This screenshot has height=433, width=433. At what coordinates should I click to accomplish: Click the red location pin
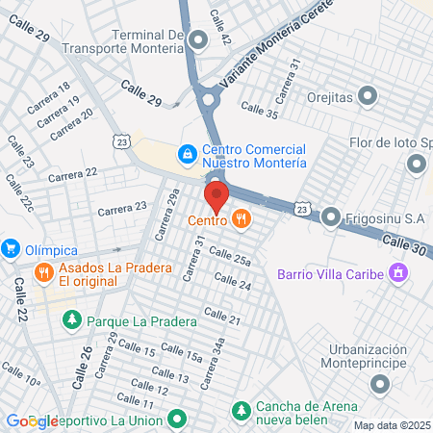tap(216, 196)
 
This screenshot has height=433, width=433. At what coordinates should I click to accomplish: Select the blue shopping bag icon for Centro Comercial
tap(188, 153)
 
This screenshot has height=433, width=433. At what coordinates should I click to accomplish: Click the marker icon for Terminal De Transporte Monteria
tap(199, 39)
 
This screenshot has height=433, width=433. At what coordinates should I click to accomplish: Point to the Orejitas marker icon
tap(368, 95)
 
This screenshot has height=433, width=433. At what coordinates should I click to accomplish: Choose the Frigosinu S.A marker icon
tap(331, 216)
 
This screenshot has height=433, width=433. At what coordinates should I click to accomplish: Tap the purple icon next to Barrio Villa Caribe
tap(395, 274)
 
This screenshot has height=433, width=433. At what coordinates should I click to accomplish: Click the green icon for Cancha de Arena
tap(240, 412)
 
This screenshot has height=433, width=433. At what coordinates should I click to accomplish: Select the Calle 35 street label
tap(259, 114)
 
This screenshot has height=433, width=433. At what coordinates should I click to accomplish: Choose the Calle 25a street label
tap(229, 257)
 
